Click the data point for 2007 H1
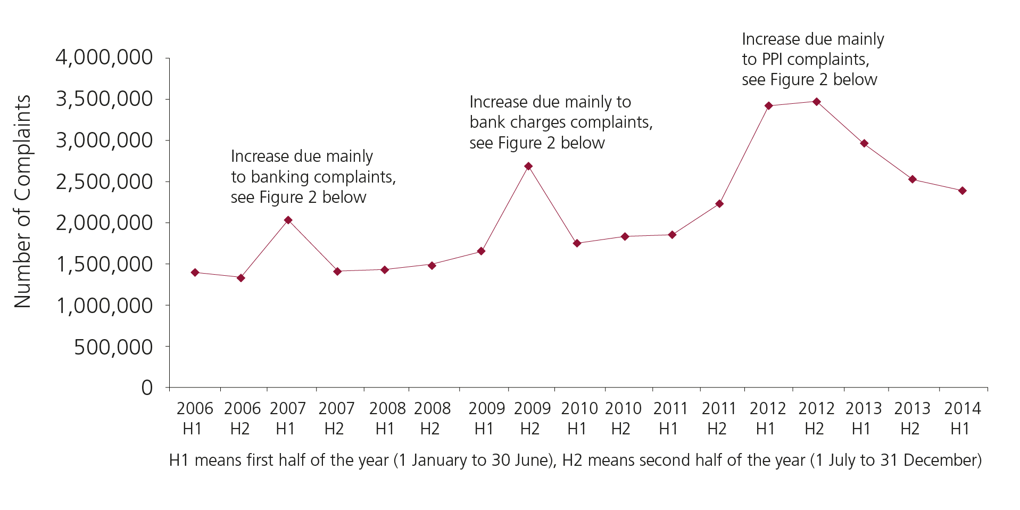(x=288, y=220)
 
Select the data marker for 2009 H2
(x=528, y=166)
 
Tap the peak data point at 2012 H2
(x=816, y=102)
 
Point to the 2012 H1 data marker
(x=768, y=105)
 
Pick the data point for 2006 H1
(x=195, y=272)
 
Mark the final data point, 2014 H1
(x=962, y=191)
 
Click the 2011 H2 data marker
(x=719, y=203)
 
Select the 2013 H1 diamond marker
(x=864, y=143)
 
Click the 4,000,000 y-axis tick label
(x=104, y=57)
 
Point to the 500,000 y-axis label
(x=113, y=347)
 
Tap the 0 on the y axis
(x=147, y=388)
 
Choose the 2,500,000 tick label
(x=104, y=182)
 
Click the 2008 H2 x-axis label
(x=432, y=418)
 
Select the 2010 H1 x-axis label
(x=579, y=418)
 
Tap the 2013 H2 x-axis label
(x=911, y=418)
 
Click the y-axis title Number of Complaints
(x=23, y=201)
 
